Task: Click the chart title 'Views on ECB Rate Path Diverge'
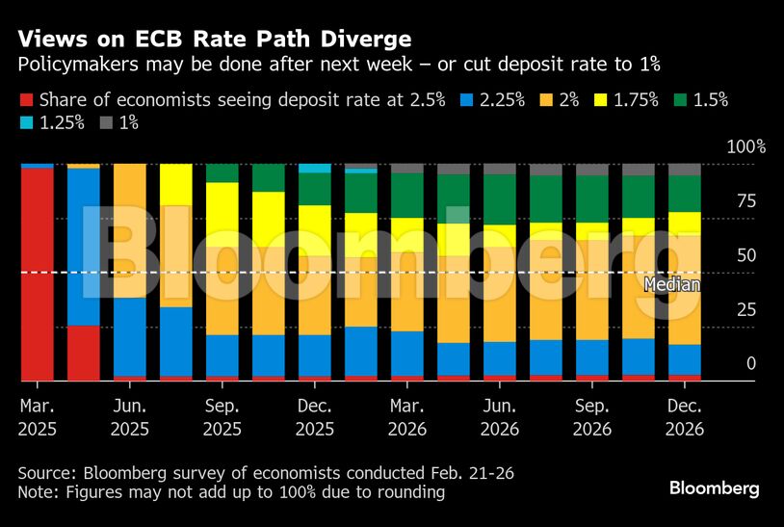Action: [215, 40]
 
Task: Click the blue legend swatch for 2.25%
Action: [465, 99]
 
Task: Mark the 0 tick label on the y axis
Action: [724, 364]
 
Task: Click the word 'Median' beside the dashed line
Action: [670, 285]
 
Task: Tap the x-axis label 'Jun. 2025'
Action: [129, 416]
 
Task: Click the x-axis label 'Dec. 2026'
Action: [685, 416]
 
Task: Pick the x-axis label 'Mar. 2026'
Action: [406, 416]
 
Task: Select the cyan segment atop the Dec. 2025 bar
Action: [314, 169]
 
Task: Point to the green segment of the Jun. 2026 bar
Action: [499, 199]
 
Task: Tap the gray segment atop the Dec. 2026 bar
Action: [685, 170]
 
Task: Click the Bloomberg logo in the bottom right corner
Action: [715, 489]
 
